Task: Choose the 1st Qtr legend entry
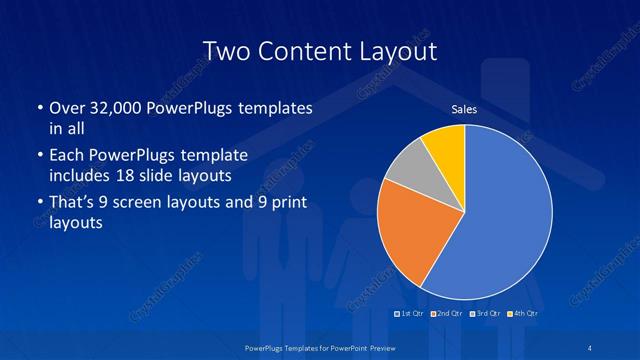[410, 314]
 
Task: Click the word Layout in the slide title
[393, 51]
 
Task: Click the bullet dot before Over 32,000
[37, 108]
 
